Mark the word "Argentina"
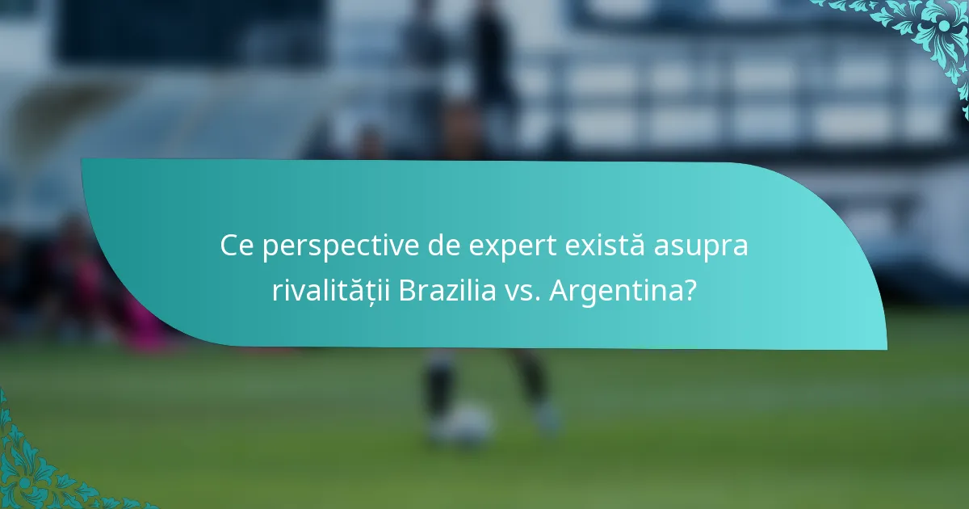pyautogui.click(x=615, y=291)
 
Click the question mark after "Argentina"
pyautogui.click(x=690, y=290)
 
